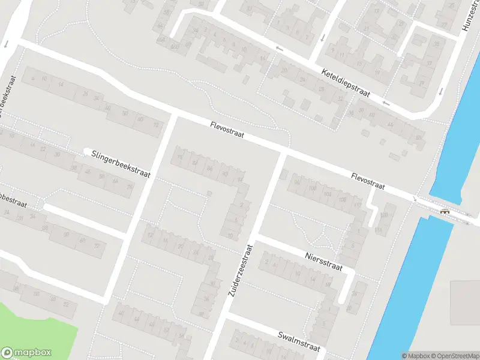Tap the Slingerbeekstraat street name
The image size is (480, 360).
(x=121, y=164)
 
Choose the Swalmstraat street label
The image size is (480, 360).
(x=299, y=342)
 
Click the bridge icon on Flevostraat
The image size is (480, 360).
(x=444, y=211)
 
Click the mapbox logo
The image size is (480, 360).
(x=27, y=353)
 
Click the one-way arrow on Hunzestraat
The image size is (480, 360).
(x=440, y=92)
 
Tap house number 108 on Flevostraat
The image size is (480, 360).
(x=343, y=199)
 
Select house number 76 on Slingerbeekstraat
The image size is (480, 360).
(x=130, y=187)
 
